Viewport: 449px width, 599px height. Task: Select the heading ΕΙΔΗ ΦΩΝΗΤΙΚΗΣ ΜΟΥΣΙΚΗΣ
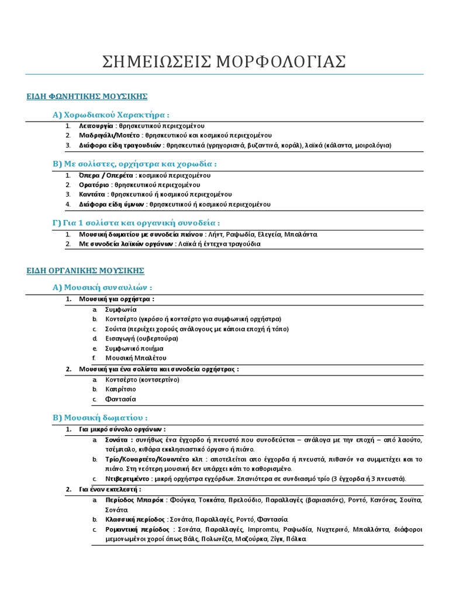pyautogui.click(x=87, y=95)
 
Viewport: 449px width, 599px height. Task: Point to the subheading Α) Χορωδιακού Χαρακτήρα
pyautogui.click(x=111, y=114)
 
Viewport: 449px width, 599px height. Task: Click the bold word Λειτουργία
pyautogui.click(x=96, y=126)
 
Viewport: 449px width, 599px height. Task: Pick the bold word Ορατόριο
pyautogui.click(x=95, y=184)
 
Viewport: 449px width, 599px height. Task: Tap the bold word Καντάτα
pyautogui.click(x=93, y=194)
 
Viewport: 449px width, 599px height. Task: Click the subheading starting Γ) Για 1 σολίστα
pyautogui.click(x=136, y=222)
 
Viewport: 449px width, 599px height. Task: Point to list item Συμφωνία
pyautogui.click(x=121, y=309)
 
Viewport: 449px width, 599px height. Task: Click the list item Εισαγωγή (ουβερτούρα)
pyautogui.click(x=141, y=338)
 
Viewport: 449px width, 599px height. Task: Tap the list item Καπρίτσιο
pyautogui.click(x=120, y=389)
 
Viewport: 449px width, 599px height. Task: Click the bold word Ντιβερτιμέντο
pyautogui.click(x=129, y=478)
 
